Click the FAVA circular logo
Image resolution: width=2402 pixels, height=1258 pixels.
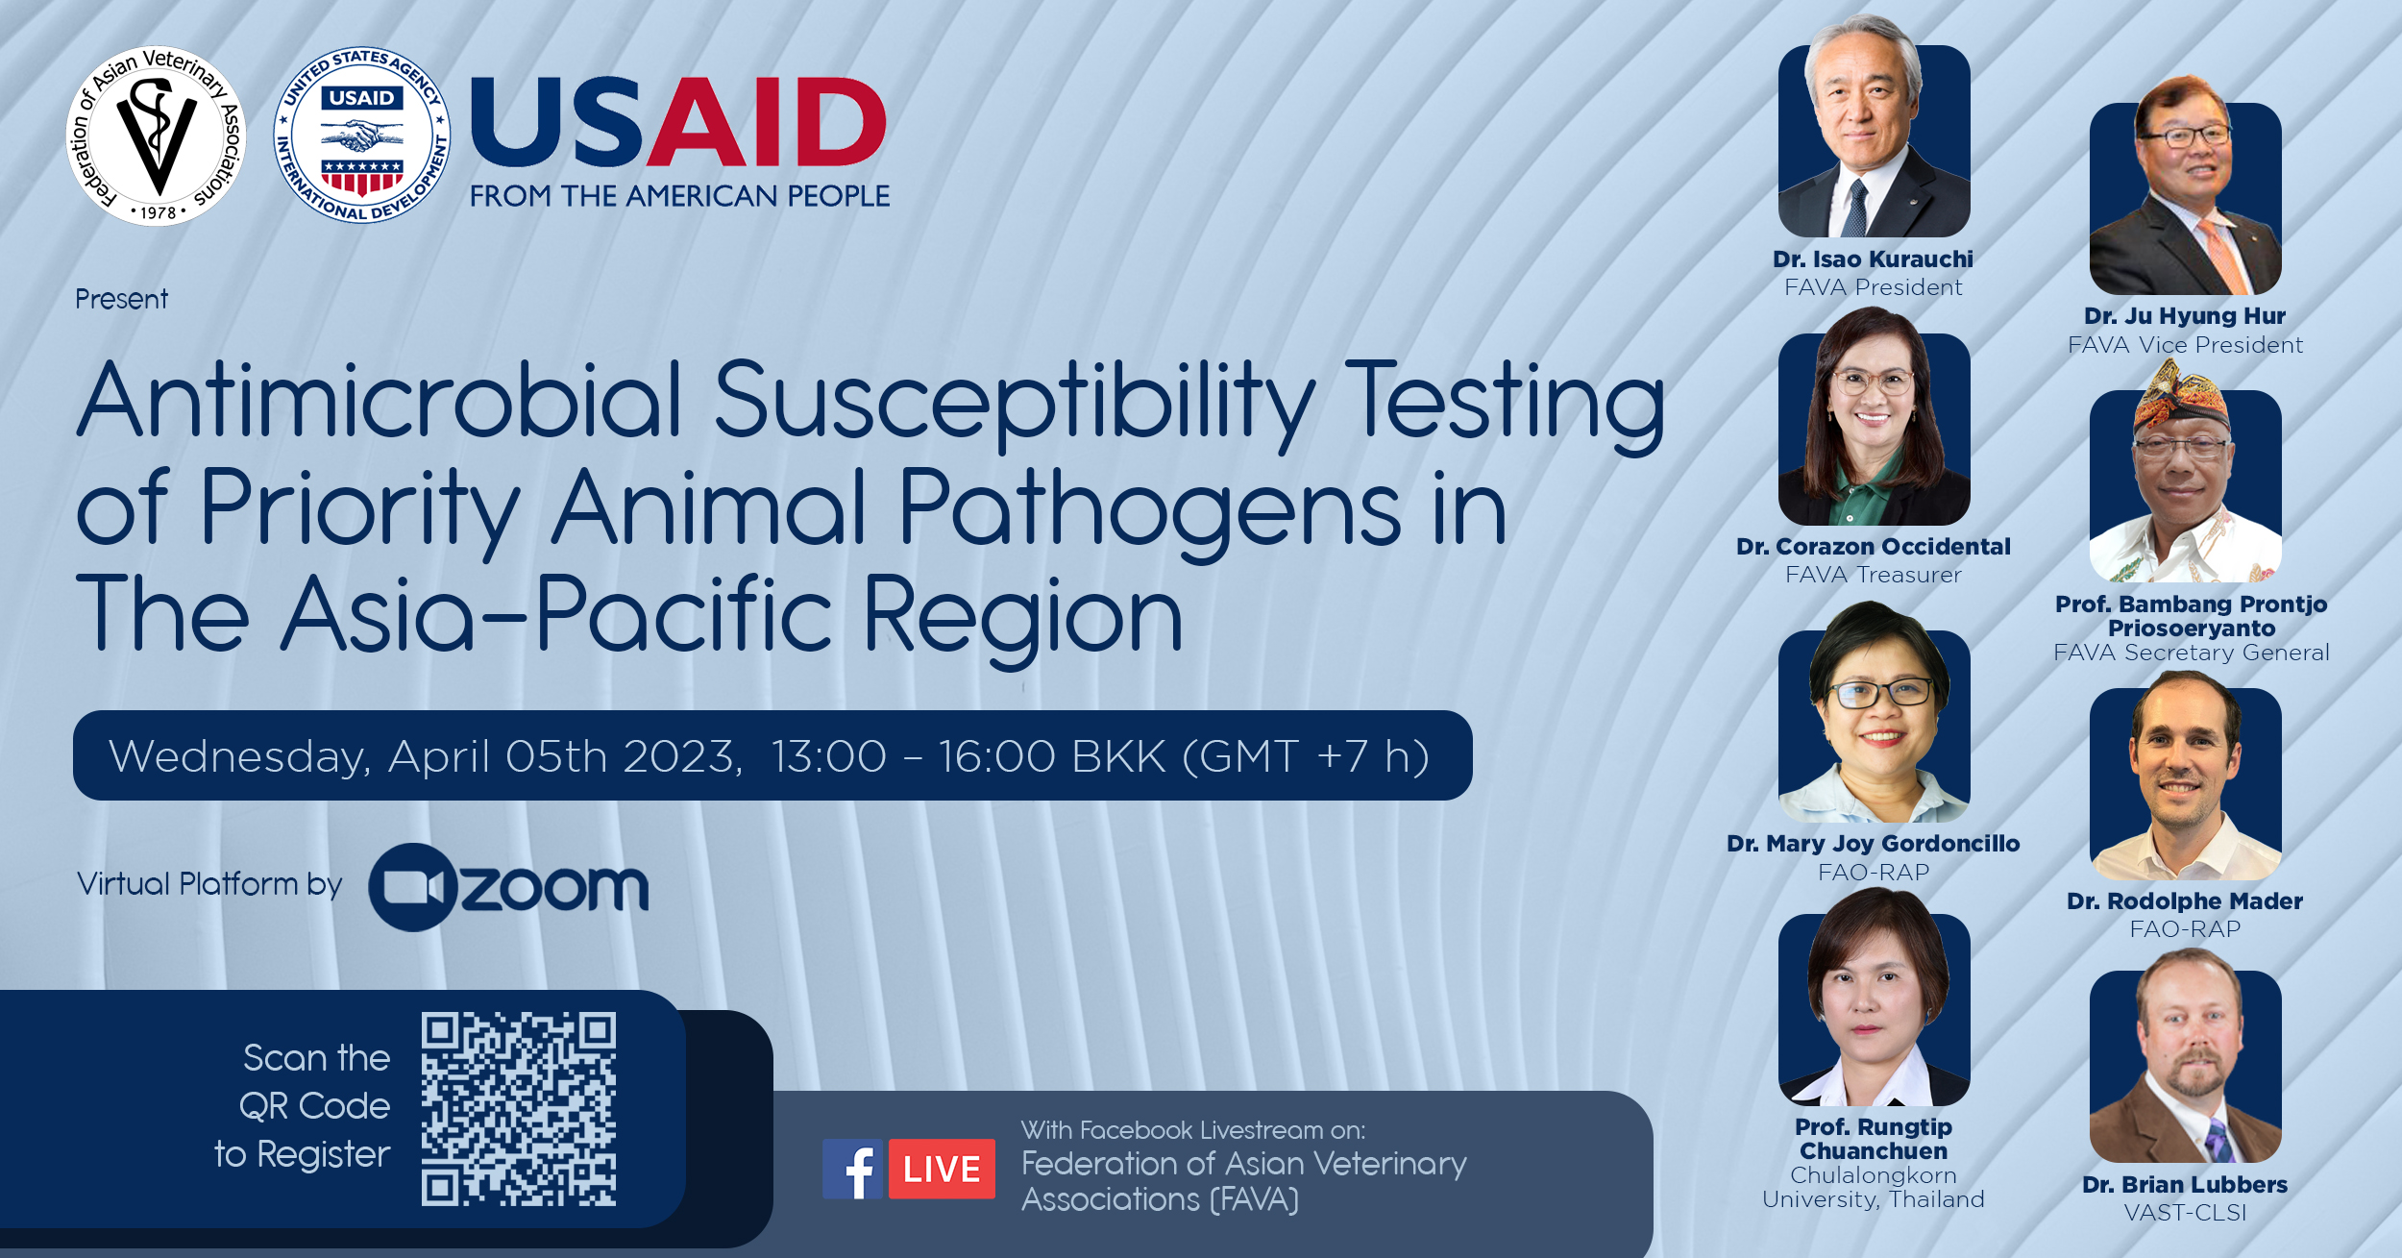click(156, 136)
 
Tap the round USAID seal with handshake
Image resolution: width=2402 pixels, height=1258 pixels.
click(362, 135)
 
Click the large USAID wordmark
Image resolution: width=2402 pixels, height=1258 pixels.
click(678, 121)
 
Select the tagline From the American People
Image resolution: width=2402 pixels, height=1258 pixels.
click(679, 196)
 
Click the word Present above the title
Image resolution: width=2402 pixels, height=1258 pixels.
click(121, 300)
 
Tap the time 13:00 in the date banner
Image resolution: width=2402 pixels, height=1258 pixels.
click(828, 756)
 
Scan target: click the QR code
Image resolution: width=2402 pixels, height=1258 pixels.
click(519, 1108)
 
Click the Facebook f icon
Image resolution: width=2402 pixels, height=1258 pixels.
click(852, 1169)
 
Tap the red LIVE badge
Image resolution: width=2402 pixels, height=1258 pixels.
click(942, 1169)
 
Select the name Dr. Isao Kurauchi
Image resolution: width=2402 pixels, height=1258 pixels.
click(1873, 259)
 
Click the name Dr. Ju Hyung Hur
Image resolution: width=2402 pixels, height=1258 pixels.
click(2185, 316)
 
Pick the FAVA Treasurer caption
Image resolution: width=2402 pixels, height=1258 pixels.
click(1873, 575)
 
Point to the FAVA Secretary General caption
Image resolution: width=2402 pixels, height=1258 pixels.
click(2192, 654)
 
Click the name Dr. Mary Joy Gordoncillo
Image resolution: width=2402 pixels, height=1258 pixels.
click(1874, 844)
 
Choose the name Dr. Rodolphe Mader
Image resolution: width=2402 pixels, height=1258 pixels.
click(2185, 901)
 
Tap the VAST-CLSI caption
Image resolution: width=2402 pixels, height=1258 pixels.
click(2185, 1213)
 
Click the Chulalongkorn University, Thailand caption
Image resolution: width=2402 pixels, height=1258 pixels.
click(1874, 1188)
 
